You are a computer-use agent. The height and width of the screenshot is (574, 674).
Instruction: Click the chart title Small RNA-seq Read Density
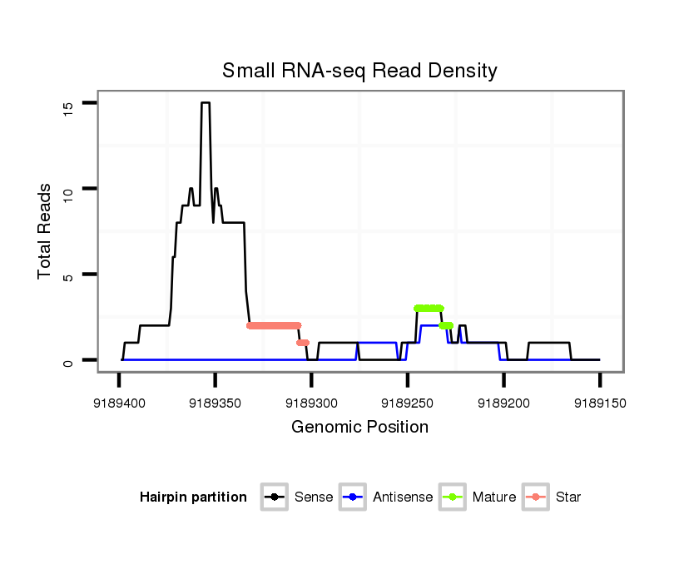pyautogui.click(x=359, y=71)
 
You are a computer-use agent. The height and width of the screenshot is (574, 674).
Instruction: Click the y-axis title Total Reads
pyautogui.click(x=47, y=231)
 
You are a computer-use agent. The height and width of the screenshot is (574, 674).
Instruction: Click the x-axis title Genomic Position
pyautogui.click(x=359, y=428)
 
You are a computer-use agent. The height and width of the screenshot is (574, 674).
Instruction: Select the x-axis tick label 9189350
pyautogui.click(x=215, y=403)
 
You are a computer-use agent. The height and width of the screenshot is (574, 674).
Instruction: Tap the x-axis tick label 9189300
pyautogui.click(x=311, y=403)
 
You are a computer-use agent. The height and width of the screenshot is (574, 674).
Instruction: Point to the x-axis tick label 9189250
pyautogui.click(x=407, y=403)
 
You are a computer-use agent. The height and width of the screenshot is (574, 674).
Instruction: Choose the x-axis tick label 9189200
pyautogui.click(x=503, y=403)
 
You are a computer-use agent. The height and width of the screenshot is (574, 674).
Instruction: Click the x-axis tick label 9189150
pyautogui.click(x=599, y=403)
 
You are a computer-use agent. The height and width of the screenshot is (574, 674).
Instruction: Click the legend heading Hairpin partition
pyautogui.click(x=193, y=497)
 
